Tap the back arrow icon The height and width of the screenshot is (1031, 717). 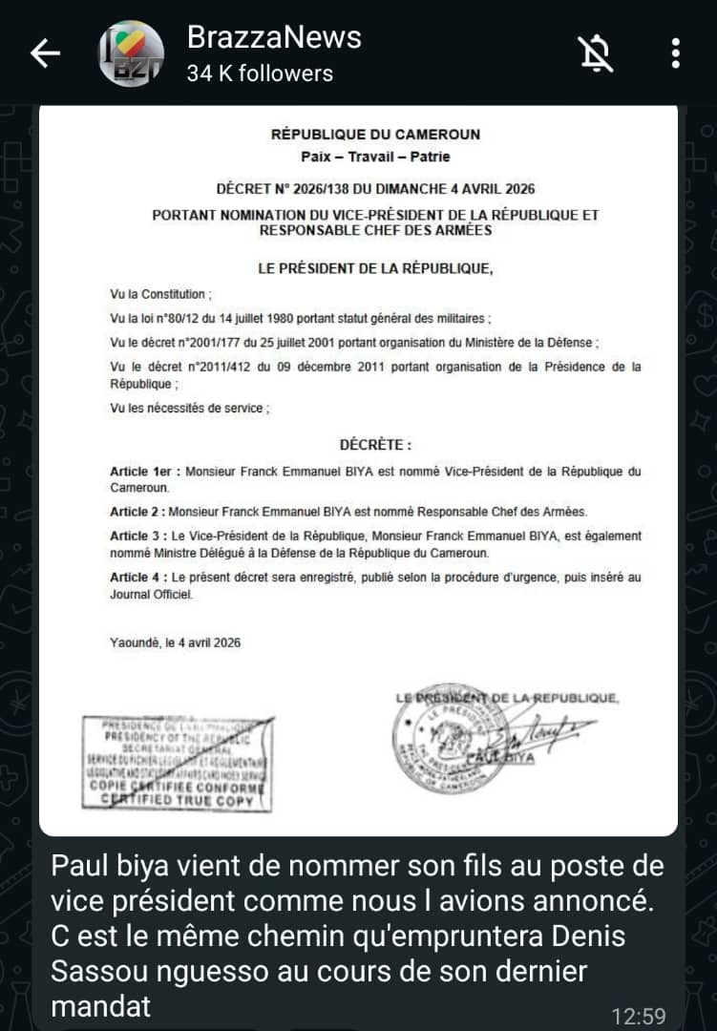pos(46,53)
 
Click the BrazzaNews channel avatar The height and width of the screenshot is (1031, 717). pos(132,53)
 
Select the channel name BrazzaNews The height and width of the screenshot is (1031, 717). pos(274,36)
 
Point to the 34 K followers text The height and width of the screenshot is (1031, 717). pos(260,74)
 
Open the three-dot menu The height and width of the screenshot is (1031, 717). pos(675,53)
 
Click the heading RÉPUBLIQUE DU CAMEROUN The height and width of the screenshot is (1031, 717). pos(375,135)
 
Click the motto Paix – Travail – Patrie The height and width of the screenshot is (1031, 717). pos(375,157)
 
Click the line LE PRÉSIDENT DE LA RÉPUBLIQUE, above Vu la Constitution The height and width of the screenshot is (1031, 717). pos(375,269)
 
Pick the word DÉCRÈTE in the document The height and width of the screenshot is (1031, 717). pos(375,445)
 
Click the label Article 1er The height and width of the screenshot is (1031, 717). pos(142,472)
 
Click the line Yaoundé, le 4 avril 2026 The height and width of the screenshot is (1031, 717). pos(176,642)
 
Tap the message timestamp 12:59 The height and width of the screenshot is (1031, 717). pos(639,1016)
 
